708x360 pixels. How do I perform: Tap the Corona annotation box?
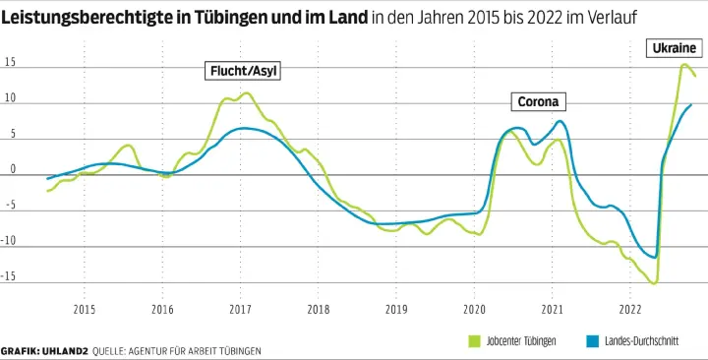[538, 102]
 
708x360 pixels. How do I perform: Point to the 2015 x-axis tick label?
[84, 311]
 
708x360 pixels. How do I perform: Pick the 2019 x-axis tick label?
[395, 311]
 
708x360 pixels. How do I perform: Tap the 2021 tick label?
[552, 311]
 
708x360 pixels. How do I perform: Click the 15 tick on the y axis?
[10, 63]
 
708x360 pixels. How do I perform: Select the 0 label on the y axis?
[13, 170]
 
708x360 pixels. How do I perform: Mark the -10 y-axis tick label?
[10, 242]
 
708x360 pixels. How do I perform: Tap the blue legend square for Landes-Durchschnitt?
[592, 340]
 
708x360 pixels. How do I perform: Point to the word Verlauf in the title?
[613, 20]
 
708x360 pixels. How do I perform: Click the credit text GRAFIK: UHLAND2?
[44, 351]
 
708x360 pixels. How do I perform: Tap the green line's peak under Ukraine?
[684, 65]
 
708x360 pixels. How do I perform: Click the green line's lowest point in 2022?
[653, 282]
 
